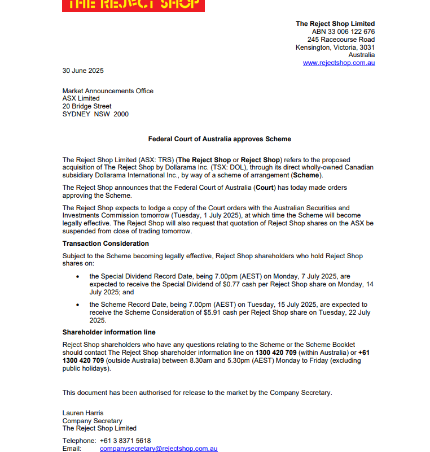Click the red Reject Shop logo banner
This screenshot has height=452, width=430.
coord(133,5)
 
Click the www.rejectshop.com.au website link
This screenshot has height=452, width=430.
coord(339,63)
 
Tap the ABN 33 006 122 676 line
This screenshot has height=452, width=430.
coord(343,32)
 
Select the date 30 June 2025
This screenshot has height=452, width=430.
coord(83,71)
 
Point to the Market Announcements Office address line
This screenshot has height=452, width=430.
coord(108,91)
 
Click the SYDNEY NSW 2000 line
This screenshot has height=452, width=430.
coord(95,114)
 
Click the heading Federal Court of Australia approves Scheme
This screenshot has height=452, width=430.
coord(220,139)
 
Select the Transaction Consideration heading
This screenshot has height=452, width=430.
coord(106,244)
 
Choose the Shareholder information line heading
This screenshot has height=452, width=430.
coord(109,332)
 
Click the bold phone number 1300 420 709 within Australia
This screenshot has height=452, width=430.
coord(276,353)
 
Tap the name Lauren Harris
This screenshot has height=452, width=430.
coord(83,413)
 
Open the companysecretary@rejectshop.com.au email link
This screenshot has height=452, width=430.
coord(159,449)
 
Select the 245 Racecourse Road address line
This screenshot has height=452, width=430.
coord(341,40)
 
